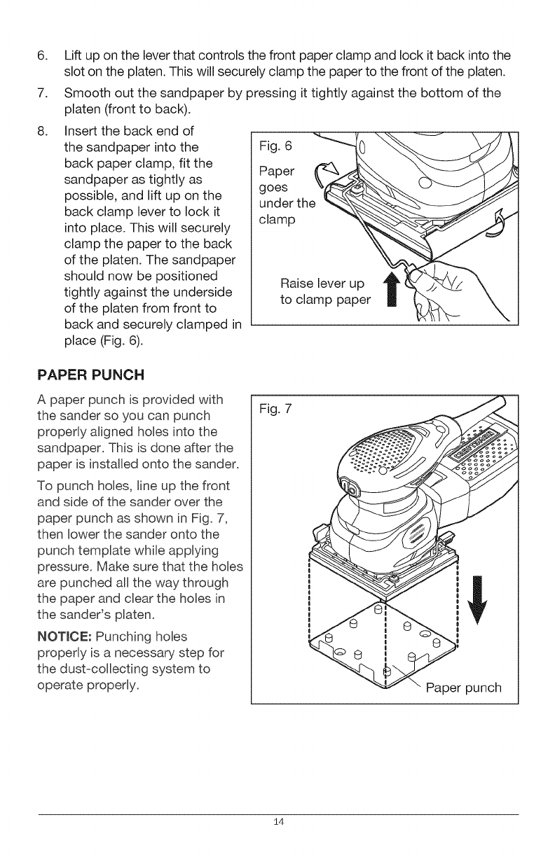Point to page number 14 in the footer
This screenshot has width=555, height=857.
click(277, 821)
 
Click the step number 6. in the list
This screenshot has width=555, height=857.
click(43, 55)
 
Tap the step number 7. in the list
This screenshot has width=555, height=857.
click(43, 93)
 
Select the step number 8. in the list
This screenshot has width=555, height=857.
click(43, 131)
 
